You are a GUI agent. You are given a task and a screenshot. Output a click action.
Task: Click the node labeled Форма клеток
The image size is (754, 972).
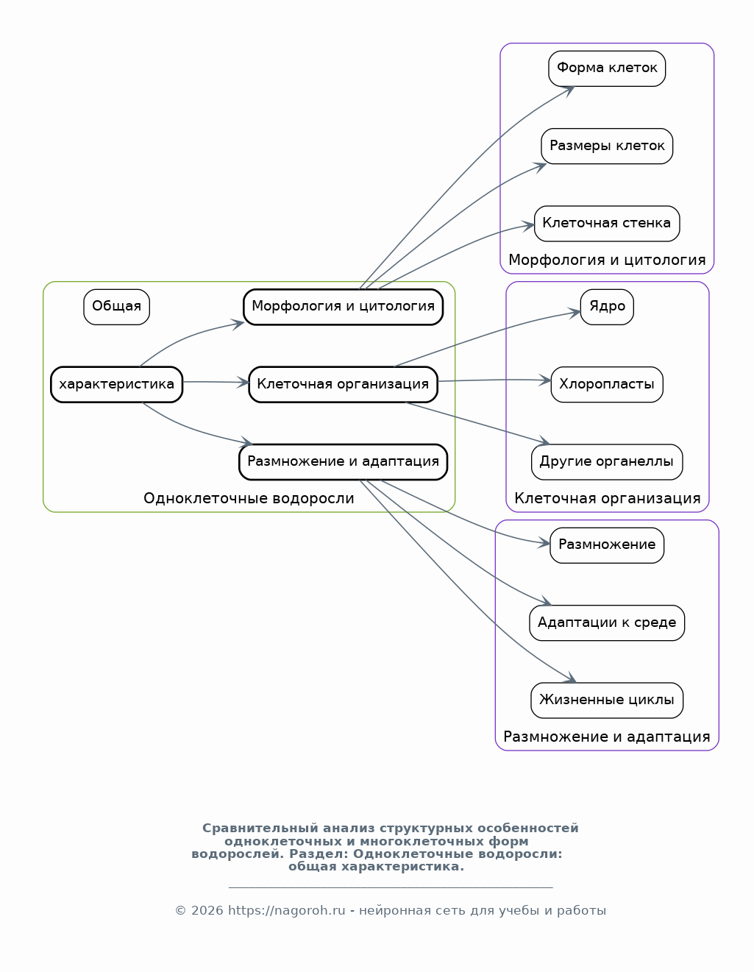point(606,68)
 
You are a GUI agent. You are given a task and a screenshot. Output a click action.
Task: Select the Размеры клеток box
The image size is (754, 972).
point(606,146)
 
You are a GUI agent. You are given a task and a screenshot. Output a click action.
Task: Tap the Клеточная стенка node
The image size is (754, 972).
point(606,223)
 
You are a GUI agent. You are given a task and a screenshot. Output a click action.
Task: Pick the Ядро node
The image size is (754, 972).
point(606,307)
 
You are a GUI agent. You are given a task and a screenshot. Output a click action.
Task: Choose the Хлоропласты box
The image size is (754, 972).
point(606,384)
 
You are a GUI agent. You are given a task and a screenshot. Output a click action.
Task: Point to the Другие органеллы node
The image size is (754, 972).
point(606,461)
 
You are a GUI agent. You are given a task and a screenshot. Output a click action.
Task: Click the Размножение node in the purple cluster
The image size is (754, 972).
point(606,545)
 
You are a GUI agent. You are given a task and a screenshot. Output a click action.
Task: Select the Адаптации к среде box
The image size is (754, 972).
point(606,622)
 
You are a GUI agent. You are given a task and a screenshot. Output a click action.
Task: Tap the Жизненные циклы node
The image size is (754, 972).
point(606,700)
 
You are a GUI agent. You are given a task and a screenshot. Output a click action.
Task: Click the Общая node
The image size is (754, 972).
point(116,307)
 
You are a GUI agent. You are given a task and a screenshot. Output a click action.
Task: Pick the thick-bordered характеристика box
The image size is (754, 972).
point(116,384)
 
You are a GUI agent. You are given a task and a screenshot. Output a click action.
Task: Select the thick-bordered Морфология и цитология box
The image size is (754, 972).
point(343,307)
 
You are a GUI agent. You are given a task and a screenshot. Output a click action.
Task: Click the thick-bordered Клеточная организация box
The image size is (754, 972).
point(343,384)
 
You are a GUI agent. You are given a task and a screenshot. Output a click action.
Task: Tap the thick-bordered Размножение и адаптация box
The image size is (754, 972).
point(343,461)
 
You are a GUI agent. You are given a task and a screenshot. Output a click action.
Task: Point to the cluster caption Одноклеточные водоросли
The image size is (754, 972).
point(249,498)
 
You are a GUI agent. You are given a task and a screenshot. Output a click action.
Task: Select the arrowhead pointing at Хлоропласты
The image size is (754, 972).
point(544,380)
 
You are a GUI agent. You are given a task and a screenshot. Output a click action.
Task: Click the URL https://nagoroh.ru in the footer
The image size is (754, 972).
point(287,911)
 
